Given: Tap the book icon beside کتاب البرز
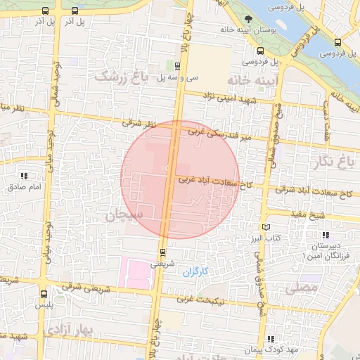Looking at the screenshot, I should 266,227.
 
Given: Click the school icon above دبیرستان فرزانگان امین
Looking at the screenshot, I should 325,235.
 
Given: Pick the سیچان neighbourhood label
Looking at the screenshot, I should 125,215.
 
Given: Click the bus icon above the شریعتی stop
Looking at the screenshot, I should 162,252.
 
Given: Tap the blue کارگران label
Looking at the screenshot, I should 198,271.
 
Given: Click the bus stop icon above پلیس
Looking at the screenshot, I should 44,295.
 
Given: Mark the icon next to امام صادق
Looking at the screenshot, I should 25,176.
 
